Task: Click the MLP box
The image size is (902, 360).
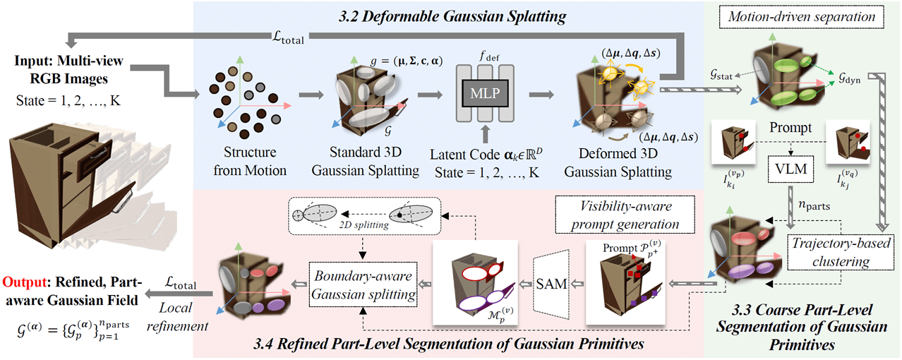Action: (485, 93)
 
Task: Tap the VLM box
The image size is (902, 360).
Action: (790, 169)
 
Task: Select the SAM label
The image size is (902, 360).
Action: (551, 284)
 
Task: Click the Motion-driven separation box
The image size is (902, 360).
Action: (801, 17)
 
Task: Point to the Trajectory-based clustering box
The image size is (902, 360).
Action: (841, 252)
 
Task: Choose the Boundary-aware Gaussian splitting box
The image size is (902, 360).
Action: (363, 285)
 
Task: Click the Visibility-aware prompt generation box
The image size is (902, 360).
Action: (625, 215)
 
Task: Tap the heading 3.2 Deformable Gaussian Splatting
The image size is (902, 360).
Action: (452, 16)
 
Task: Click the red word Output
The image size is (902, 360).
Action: (24, 282)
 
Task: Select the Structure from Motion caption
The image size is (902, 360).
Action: (250, 161)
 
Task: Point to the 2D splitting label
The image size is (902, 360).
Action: (363, 224)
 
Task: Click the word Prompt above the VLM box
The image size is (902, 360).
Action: (790, 128)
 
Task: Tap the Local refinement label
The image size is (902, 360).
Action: (177, 317)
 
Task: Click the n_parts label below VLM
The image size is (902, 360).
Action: (814, 205)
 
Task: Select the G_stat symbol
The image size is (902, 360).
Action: (721, 75)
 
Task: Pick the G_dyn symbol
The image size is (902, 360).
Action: (850, 78)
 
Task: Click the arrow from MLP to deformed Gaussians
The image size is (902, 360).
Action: (541, 95)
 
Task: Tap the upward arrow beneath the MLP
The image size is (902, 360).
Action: (485, 134)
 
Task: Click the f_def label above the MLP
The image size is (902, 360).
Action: (489, 56)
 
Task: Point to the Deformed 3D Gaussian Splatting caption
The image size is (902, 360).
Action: (618, 162)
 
